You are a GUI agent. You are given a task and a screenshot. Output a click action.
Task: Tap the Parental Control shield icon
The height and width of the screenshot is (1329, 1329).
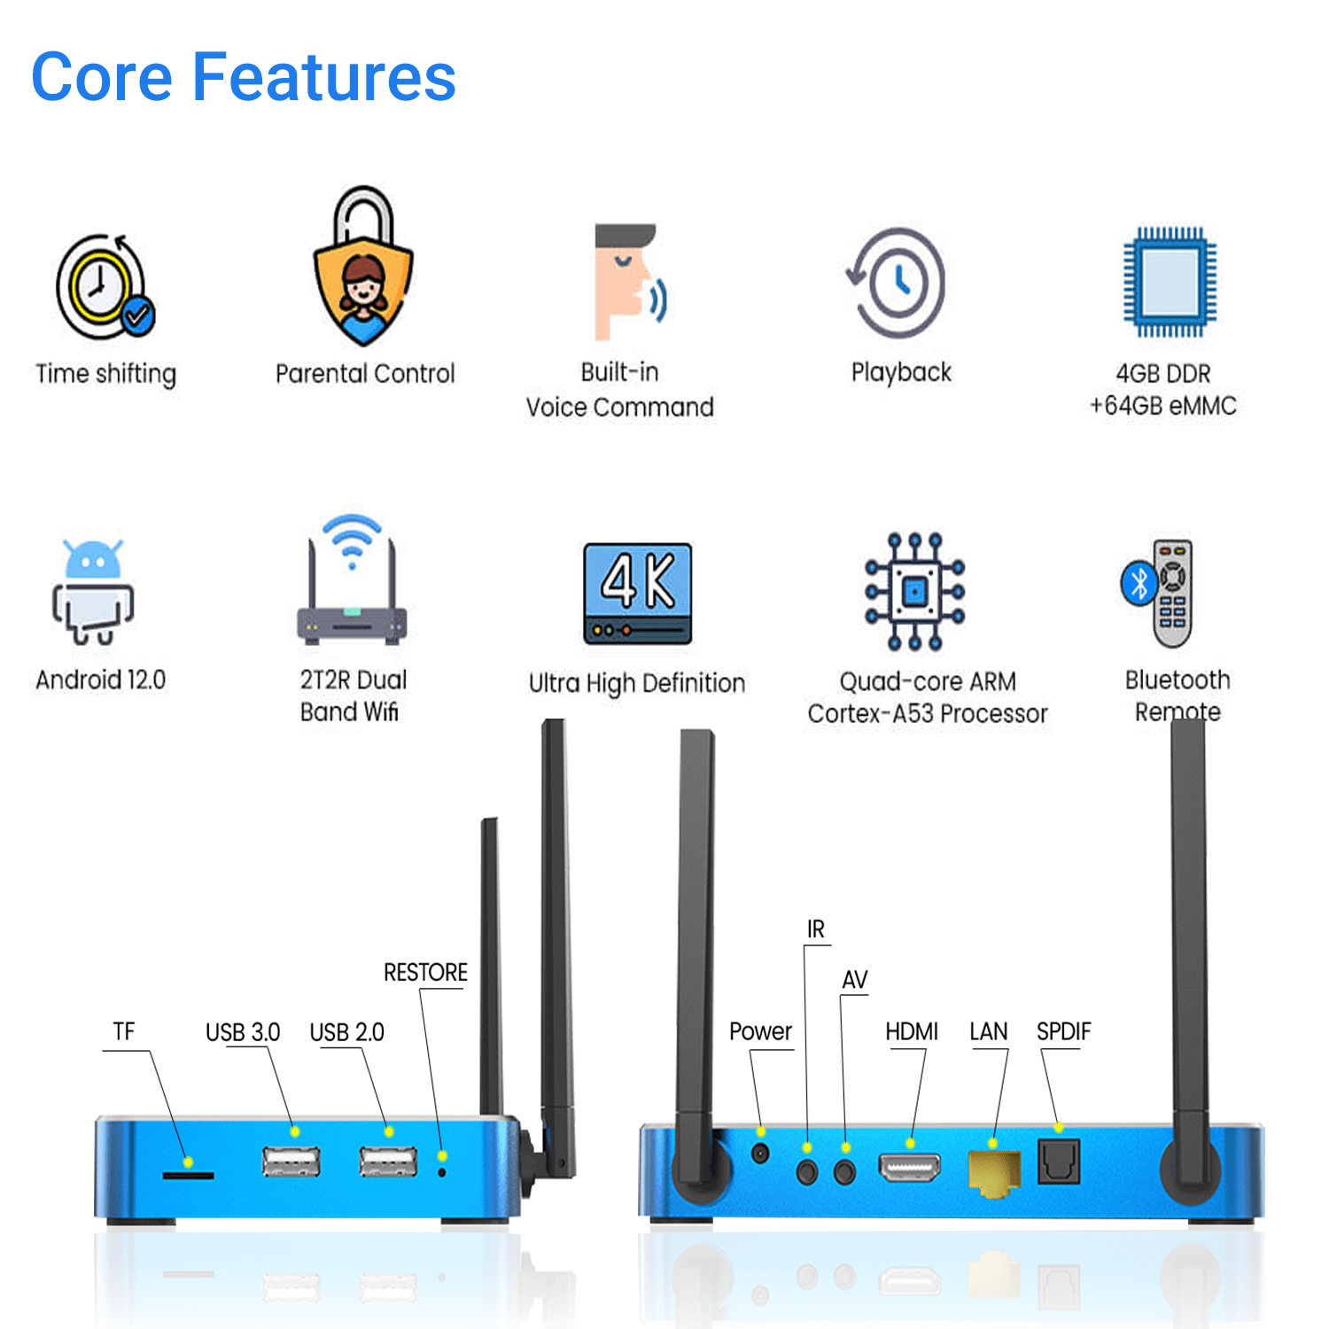363,270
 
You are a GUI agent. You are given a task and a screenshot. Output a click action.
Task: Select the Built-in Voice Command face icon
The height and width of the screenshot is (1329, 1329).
628,282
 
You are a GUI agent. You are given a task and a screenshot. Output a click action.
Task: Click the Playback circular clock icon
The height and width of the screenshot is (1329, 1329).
898,283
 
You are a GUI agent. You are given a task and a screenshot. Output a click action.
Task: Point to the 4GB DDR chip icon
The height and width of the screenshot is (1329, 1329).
1170,283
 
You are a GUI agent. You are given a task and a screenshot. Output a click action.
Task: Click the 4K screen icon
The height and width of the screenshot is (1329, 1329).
637,593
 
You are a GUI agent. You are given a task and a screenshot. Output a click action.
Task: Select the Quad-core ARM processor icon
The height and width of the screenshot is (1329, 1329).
915,591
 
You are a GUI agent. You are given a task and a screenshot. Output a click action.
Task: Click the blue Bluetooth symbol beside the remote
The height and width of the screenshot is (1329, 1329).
1139,583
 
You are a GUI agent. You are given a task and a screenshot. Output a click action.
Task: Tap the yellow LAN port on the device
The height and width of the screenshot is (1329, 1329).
994,1172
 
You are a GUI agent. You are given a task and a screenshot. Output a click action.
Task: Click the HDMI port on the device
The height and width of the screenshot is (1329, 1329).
909,1168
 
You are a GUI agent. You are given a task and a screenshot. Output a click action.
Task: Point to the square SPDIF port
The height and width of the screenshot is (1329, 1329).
1059,1162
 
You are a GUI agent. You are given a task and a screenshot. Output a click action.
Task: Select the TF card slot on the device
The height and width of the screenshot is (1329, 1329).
188,1176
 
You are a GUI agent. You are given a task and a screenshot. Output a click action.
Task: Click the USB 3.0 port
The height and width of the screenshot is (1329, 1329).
291,1161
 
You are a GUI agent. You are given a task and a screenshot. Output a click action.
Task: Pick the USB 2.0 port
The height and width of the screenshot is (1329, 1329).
388,1161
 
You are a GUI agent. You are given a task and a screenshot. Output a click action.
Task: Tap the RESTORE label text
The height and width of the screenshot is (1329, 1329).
425,973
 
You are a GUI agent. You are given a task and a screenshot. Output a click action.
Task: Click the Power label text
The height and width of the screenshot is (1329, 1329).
760,1031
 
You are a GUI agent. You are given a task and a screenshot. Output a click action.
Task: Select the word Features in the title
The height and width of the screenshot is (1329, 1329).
324,77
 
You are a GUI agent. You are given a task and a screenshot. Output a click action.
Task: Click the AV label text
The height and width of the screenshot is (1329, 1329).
854,980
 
